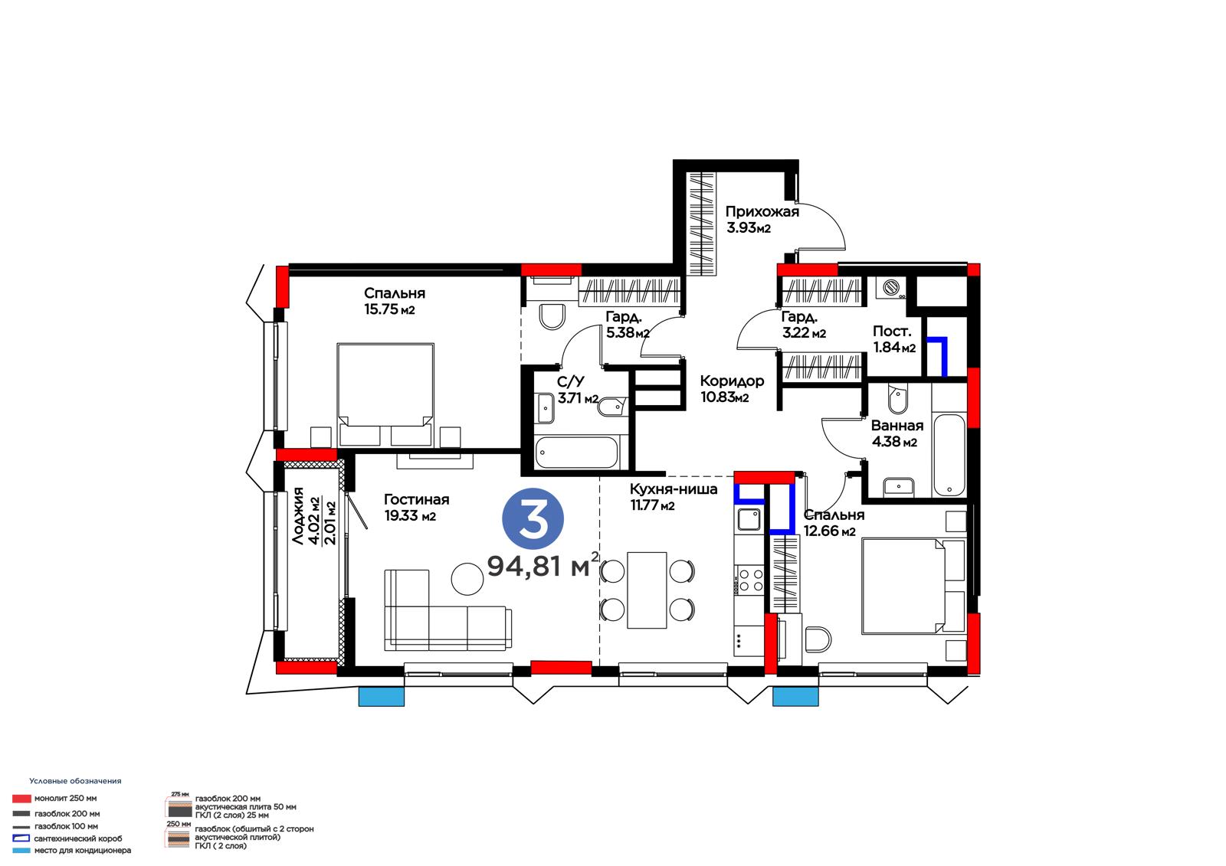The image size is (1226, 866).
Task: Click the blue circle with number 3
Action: click(533, 518)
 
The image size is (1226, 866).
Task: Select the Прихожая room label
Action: click(762, 211)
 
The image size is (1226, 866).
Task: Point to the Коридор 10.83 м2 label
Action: click(732, 389)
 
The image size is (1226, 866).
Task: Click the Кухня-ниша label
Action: click(674, 489)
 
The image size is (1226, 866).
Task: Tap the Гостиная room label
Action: click(416, 499)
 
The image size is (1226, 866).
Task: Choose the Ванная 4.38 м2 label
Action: click(897, 433)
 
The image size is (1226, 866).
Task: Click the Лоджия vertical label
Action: click(298, 516)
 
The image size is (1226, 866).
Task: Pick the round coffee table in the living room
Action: click(467, 579)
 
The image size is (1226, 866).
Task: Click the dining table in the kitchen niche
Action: click(647, 590)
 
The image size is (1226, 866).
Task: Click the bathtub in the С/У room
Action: click(576, 453)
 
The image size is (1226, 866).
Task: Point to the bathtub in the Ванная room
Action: click(949, 455)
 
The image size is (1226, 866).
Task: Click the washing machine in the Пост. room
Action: click(890, 287)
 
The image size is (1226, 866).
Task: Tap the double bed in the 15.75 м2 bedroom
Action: click(386, 395)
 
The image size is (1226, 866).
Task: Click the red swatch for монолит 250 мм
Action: click(21, 799)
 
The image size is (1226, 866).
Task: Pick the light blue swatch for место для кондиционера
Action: click(21, 850)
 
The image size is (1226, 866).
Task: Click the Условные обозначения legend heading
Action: click(75, 781)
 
